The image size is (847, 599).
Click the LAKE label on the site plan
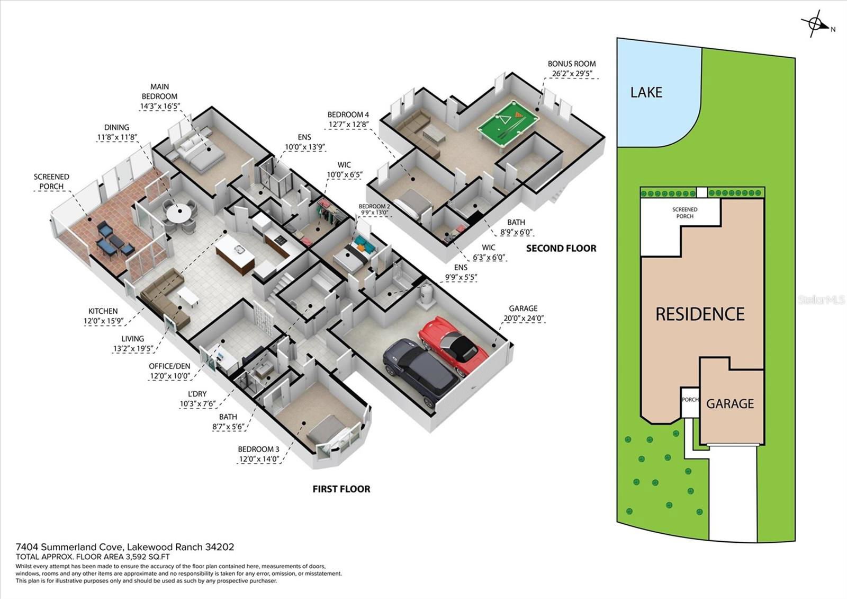pyautogui.click(x=646, y=92)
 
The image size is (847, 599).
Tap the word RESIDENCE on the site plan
pyautogui.click(x=700, y=314)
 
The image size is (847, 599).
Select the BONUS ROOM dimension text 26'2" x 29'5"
pyautogui.click(x=571, y=74)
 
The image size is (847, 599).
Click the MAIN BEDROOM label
pyautogui.click(x=159, y=92)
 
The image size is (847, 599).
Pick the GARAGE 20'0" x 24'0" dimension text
pyautogui.click(x=524, y=318)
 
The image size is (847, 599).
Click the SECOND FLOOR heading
pyautogui.click(x=561, y=249)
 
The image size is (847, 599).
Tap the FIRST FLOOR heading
pyautogui.click(x=341, y=489)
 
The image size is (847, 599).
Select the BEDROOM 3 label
pyautogui.click(x=259, y=450)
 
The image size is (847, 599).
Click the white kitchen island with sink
pyautogui.click(x=235, y=254)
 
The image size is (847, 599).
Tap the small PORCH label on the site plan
pyautogui.click(x=690, y=400)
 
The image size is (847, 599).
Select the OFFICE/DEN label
pyautogui.click(x=169, y=366)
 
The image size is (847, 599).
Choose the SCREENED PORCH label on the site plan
pyautogui.click(x=685, y=213)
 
